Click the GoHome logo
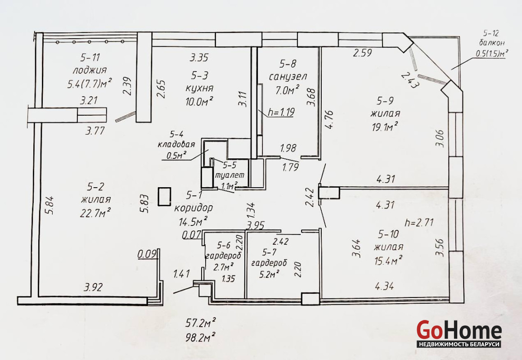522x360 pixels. [x=459, y=333]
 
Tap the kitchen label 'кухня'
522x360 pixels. [x=199, y=88]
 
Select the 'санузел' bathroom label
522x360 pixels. [x=288, y=76]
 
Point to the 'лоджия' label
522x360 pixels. [x=90, y=70]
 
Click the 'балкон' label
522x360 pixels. [x=491, y=43]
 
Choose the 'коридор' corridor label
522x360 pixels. [x=193, y=208]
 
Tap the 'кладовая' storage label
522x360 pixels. [x=176, y=144]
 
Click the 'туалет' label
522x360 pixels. [x=229, y=175]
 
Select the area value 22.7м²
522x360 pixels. [x=95, y=212]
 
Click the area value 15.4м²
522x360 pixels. [x=388, y=261]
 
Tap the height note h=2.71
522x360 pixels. [x=419, y=222]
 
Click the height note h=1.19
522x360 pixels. [x=281, y=112]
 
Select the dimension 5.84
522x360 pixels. [x=50, y=205]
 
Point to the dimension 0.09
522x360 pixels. [x=147, y=254]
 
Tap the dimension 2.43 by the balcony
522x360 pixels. [x=409, y=80]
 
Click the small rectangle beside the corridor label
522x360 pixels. [x=164, y=197]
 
